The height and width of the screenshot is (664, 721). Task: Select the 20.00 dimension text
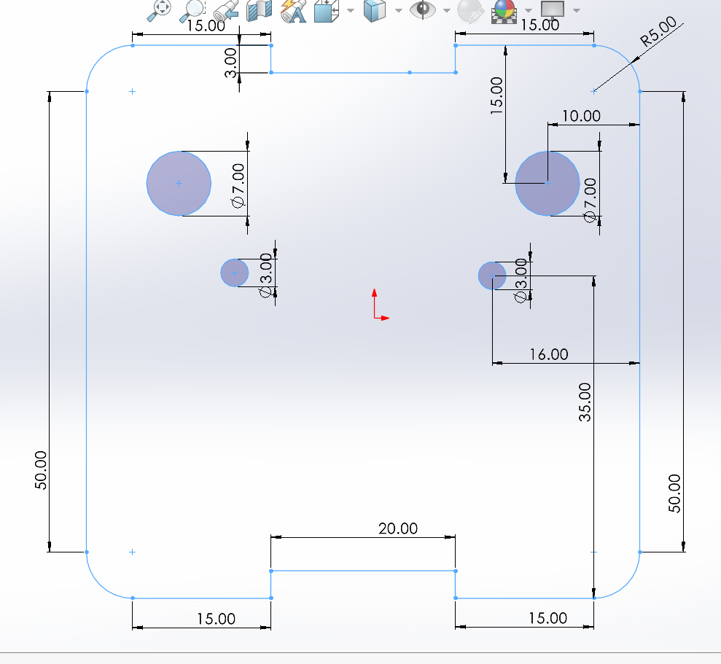[398, 528]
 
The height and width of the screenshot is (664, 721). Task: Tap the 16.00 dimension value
[548, 354]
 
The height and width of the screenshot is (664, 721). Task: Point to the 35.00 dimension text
[585, 402]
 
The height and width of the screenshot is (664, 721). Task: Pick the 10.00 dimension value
[582, 116]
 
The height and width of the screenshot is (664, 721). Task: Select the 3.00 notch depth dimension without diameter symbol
[230, 63]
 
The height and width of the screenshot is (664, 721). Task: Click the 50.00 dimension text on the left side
[40, 469]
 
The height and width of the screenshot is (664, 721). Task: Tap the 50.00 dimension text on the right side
[674, 493]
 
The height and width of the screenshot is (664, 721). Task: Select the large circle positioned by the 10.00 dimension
[547, 183]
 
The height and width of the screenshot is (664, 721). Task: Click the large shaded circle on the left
[179, 183]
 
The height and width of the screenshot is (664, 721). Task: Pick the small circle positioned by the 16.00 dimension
[492, 275]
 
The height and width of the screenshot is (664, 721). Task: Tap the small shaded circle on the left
[234, 273]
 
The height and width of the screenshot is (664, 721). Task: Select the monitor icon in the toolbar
[553, 9]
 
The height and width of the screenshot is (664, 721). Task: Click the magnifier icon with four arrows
[160, 9]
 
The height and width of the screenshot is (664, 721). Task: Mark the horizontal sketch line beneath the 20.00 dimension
[363, 570]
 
